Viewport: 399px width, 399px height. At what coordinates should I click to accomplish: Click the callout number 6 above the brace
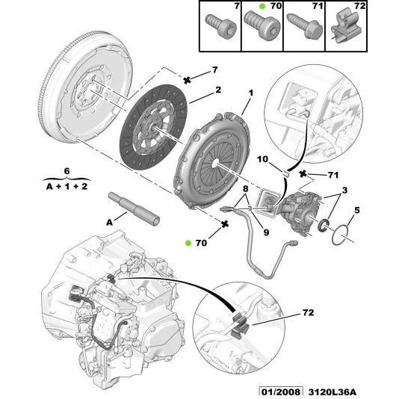coord(66,170)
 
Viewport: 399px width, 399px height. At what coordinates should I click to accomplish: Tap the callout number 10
coord(264,160)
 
